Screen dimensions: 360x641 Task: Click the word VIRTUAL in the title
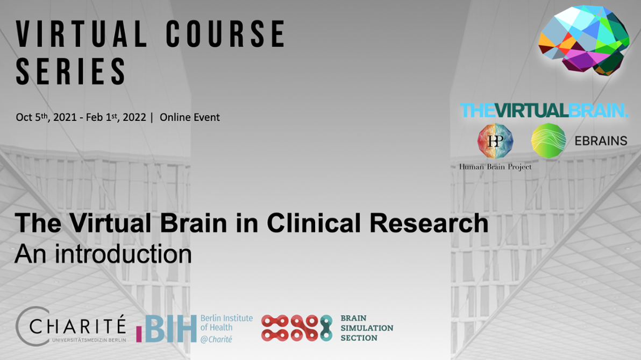point(81,34)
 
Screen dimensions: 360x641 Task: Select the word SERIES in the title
point(71,71)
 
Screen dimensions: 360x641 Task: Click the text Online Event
point(190,117)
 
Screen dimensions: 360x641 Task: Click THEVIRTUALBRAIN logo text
point(544,111)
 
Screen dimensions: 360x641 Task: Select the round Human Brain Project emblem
point(495,140)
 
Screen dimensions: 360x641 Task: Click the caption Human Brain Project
point(495,167)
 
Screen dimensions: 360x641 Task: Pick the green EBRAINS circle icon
point(549,140)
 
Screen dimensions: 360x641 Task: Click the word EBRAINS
point(600,141)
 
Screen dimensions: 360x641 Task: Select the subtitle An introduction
point(103,253)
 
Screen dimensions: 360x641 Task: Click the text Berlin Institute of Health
point(226,323)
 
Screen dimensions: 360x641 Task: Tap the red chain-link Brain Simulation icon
point(296,328)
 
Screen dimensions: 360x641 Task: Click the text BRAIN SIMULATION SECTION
point(367,328)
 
